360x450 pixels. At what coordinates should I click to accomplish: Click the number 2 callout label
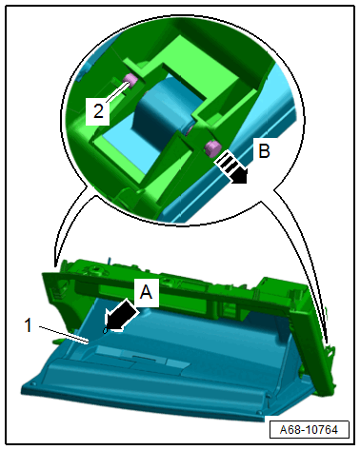(98, 111)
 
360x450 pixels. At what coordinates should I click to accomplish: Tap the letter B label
(264, 150)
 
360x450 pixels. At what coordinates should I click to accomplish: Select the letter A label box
(147, 293)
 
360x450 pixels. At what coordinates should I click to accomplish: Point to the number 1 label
(29, 325)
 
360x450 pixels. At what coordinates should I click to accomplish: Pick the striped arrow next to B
(231, 167)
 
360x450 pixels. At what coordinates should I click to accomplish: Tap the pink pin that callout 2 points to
(130, 79)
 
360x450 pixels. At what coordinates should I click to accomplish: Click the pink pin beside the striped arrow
(211, 148)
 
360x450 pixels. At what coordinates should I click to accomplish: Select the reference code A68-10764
(309, 430)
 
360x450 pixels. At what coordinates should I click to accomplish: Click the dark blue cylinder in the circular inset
(162, 107)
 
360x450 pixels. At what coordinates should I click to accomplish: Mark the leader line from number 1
(63, 334)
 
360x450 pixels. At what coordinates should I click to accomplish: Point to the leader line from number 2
(117, 92)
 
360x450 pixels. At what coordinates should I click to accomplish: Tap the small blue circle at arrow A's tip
(105, 331)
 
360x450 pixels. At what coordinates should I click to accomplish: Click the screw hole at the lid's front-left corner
(32, 384)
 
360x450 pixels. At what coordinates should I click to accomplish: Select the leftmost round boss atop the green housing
(93, 270)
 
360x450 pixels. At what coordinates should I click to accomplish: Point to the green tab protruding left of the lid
(57, 341)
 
